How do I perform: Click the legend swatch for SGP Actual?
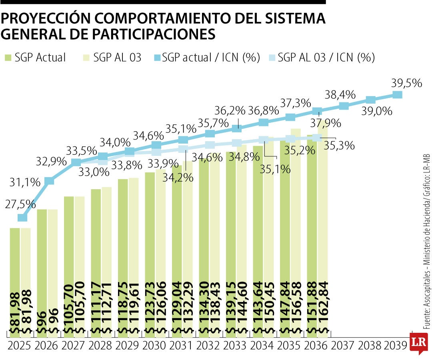coord(8,58)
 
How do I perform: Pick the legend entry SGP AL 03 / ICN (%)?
coord(326,58)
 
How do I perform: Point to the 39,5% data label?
coord(406,83)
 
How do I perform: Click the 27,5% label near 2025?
coord(20,204)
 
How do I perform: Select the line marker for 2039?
coord(397,95)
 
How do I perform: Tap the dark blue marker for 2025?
coord(23,218)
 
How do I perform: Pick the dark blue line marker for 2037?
coord(344,106)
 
